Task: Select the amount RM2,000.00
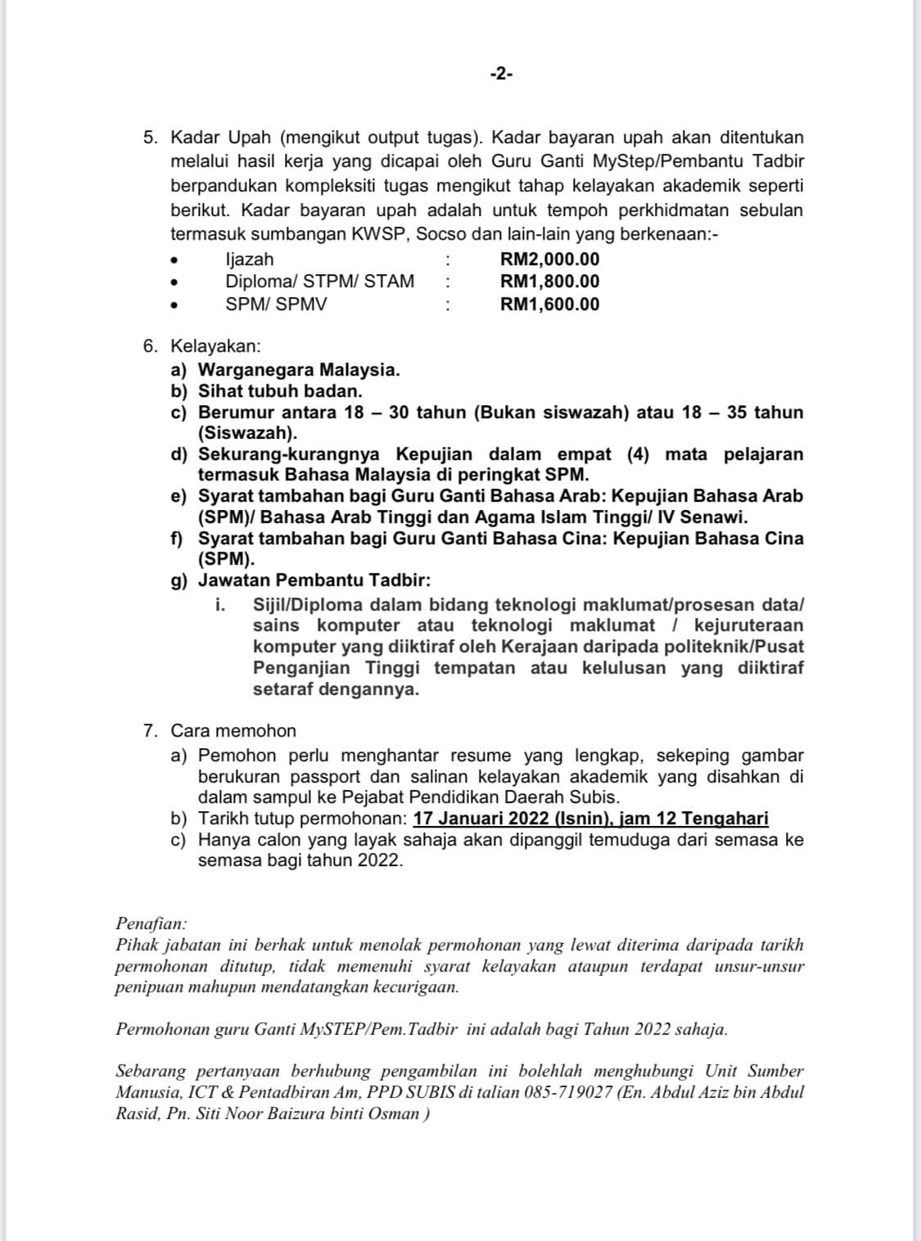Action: [549, 259]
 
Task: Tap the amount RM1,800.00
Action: [549, 282]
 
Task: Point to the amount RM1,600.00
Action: [549, 305]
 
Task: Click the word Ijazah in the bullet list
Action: [250, 259]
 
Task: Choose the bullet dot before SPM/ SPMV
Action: [174, 305]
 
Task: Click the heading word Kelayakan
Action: [214, 346]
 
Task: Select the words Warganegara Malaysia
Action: [299, 369]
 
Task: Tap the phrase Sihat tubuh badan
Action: [280, 391]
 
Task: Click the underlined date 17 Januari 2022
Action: [481, 819]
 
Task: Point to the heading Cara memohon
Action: [233, 730]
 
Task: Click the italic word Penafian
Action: [151, 923]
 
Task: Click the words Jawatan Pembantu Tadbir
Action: [314, 580]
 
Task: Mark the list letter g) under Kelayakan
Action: [179, 581]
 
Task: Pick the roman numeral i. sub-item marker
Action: [220, 605]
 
